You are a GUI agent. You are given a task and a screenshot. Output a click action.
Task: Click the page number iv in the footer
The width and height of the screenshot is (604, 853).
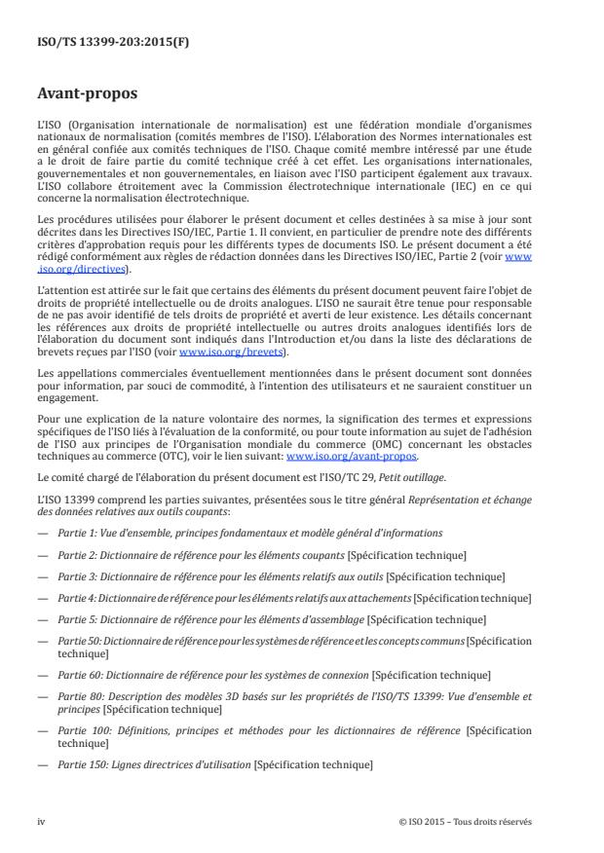pyautogui.click(x=41, y=821)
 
